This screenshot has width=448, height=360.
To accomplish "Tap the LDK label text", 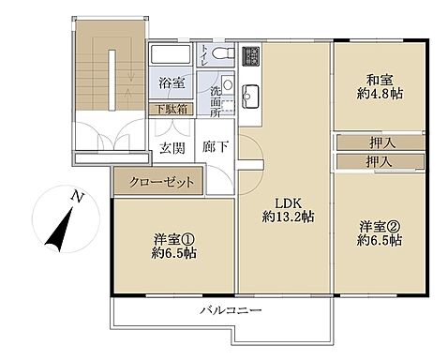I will point(286,201).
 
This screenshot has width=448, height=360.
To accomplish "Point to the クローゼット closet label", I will point(156,182).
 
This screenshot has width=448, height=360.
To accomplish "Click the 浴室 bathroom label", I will point(171,83).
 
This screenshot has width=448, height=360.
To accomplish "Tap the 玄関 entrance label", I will point(171,147).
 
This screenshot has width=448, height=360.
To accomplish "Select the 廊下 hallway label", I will point(215,147).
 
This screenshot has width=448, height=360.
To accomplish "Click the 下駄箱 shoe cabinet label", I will point(170,110).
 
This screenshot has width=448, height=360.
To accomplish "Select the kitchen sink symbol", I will point(252,95).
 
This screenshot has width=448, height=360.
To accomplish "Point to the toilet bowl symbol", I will point(224,55).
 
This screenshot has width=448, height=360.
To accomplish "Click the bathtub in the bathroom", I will point(172,54).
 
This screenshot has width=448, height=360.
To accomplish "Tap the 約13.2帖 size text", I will point(286,217).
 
